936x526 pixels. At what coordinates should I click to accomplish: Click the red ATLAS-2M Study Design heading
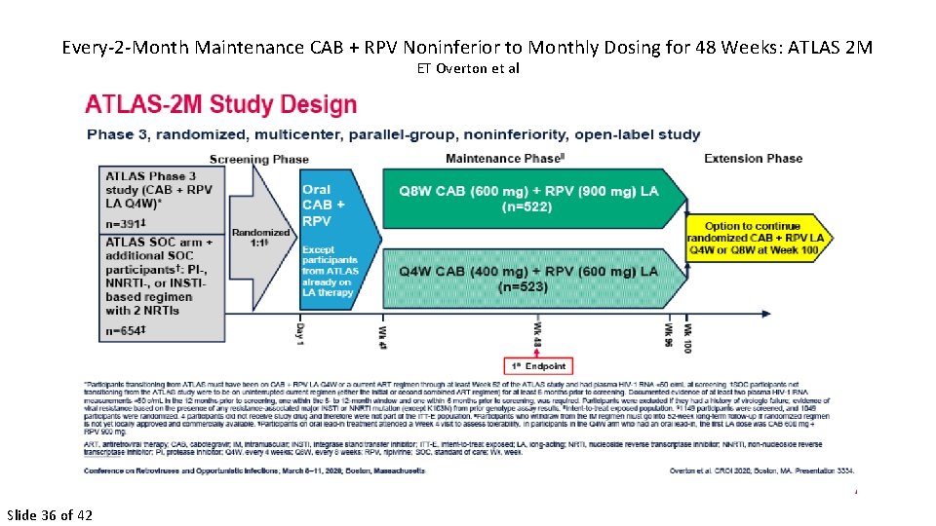pyautogui.click(x=221, y=104)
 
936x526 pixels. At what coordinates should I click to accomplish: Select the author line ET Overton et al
pyautogui.click(x=467, y=68)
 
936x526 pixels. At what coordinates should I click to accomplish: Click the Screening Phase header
pyautogui.click(x=258, y=159)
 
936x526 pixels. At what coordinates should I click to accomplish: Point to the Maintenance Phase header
pyautogui.click(x=504, y=159)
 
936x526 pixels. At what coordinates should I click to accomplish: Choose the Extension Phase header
pyautogui.click(x=753, y=159)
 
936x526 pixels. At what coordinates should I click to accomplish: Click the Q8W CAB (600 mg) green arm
pyautogui.click(x=526, y=192)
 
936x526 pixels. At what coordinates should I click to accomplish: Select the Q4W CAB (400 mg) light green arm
pyautogui.click(x=526, y=272)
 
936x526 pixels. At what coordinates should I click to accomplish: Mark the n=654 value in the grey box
pyautogui.click(x=126, y=331)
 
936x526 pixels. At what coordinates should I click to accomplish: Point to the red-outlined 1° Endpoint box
pyautogui.click(x=534, y=366)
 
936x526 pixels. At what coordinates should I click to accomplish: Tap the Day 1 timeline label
pyautogui.click(x=298, y=330)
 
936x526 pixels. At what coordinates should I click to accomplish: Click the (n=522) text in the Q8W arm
pyautogui.click(x=526, y=207)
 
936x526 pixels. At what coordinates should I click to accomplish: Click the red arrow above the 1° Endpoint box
pyautogui.click(x=535, y=351)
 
